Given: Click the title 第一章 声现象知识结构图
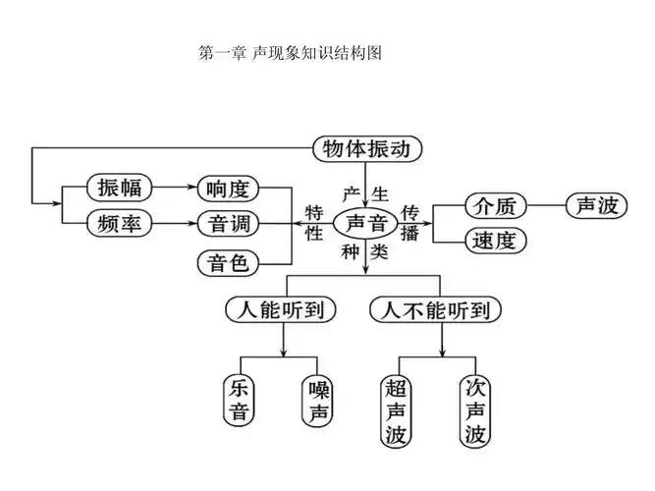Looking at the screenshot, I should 290,53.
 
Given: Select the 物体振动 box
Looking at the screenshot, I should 367,149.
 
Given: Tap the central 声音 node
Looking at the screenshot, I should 365,224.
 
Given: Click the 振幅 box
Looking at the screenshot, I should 120,187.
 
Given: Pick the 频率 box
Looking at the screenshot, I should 120,224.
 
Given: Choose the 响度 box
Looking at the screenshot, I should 229,187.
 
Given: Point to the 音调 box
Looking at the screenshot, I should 229,224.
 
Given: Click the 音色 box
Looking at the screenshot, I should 228,262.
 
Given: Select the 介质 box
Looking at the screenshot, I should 496,206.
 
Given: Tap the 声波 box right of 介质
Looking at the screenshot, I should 597,206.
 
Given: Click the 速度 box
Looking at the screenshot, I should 496,241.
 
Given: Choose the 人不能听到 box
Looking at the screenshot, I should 435,310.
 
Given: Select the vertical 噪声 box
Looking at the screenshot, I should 317,401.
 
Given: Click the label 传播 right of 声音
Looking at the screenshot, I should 411,223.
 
